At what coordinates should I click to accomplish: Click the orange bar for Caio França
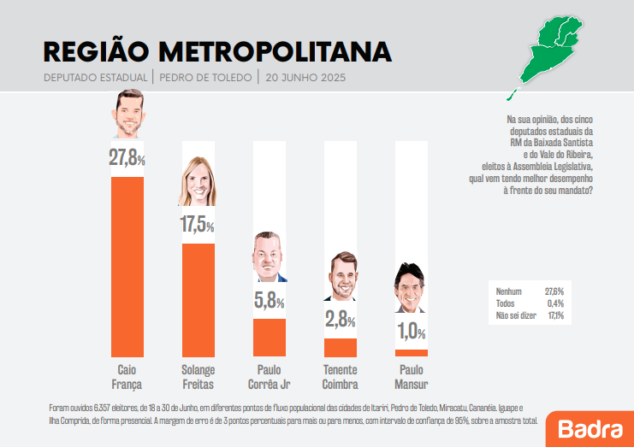pos(127,266)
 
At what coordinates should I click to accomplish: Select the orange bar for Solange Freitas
pos(198,299)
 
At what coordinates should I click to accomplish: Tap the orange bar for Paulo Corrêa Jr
pos(270,337)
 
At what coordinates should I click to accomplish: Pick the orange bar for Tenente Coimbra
pos(341,347)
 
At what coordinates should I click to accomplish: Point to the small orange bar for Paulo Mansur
pos(412,353)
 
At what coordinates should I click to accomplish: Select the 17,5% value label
pos(198,225)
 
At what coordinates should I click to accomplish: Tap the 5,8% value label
pos(269,301)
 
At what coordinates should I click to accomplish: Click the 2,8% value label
pos(340,321)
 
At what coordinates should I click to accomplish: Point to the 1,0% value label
pos(411,332)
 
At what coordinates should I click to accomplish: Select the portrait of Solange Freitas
pos(198,182)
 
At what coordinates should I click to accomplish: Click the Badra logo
pos(590,427)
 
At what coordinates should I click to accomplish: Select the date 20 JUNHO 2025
pos(305,78)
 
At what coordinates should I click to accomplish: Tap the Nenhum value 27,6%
pos(554,291)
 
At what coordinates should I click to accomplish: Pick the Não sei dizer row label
pos(515,315)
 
